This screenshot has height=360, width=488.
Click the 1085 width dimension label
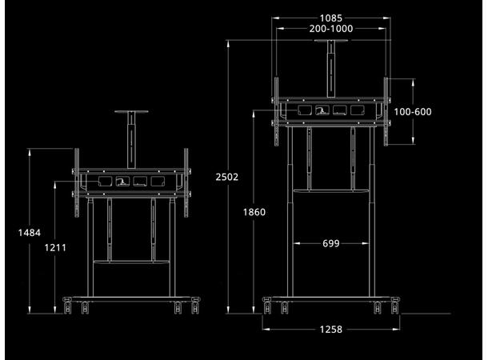[330, 18]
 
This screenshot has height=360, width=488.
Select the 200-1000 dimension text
[330, 29]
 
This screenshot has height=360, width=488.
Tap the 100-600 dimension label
[414, 112]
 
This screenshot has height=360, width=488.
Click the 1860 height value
[254, 212]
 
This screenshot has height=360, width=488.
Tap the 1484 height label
[30, 233]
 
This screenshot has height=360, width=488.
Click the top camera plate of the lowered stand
[132, 113]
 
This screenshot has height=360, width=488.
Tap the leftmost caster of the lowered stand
[67, 306]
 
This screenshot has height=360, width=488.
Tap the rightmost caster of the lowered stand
[195, 306]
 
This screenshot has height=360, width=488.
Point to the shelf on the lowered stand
[131, 262]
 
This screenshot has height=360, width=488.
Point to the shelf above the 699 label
[330, 191]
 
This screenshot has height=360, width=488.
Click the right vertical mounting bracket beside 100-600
[386, 112]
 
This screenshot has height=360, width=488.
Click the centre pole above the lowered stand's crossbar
[132, 141]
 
